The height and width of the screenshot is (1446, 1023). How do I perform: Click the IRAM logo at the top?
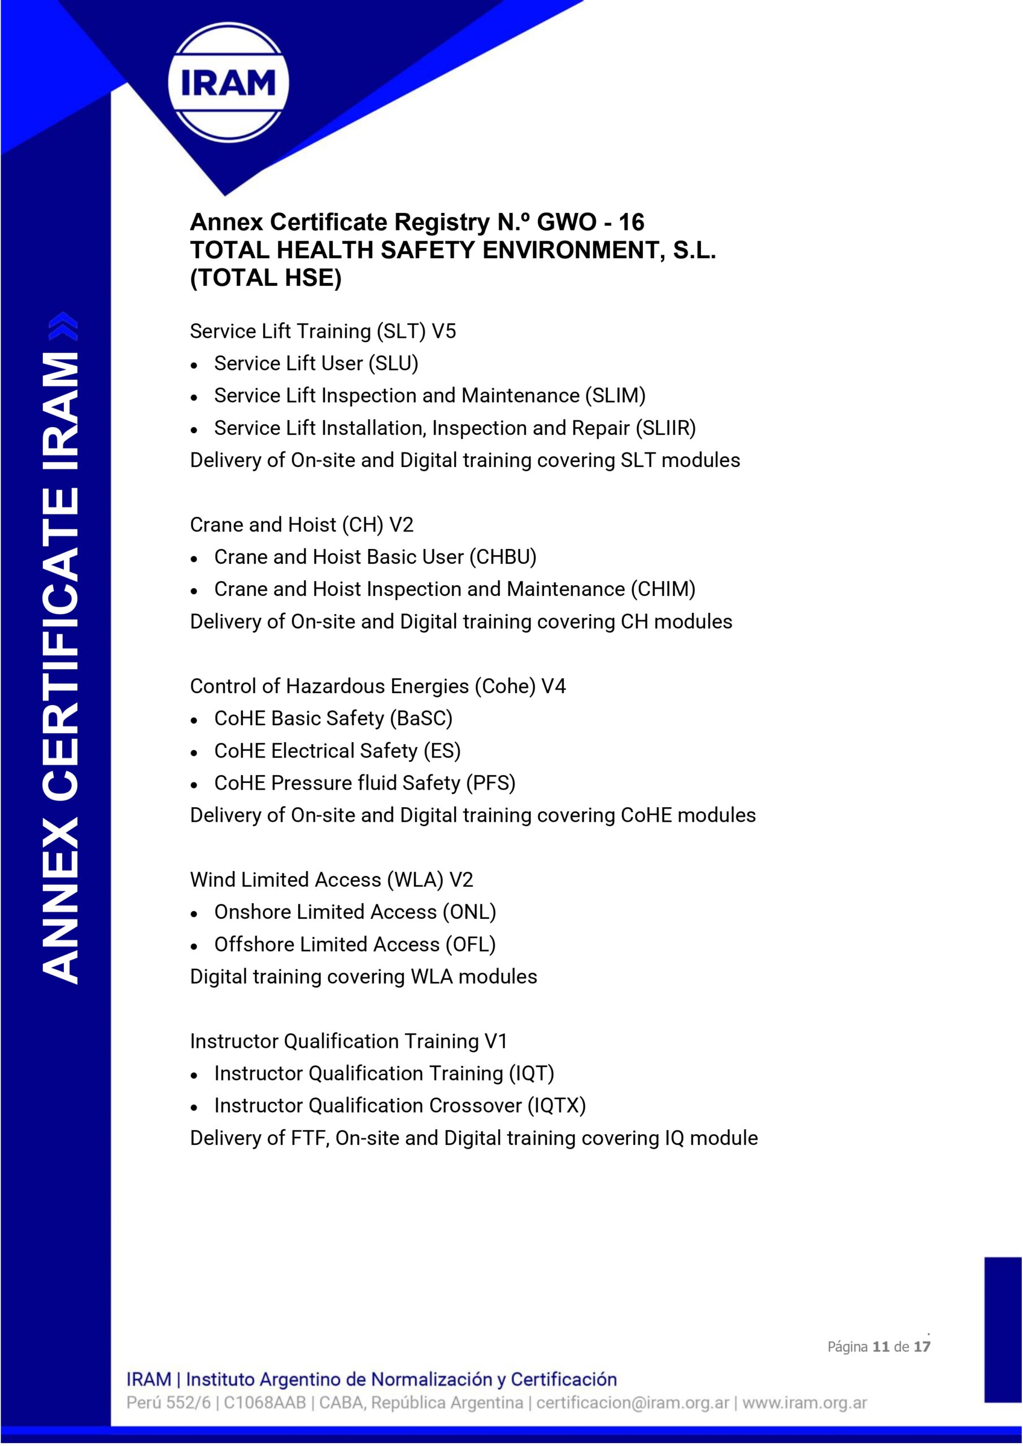[228, 82]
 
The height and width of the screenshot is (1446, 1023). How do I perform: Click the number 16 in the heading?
[630, 223]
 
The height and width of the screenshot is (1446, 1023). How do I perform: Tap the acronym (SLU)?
[393, 363]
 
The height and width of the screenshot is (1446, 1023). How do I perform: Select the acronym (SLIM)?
[615, 395]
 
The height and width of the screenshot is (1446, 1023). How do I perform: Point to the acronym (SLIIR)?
[666, 428]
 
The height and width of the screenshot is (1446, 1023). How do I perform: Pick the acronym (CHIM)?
[663, 589]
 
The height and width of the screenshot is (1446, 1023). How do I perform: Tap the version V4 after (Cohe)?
[553, 686]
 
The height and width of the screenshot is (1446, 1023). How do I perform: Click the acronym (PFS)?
[491, 783]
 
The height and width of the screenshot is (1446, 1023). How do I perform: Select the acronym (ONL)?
[469, 912]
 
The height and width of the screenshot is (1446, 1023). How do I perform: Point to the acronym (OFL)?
[471, 944]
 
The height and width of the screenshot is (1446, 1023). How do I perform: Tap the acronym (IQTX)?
[556, 1105]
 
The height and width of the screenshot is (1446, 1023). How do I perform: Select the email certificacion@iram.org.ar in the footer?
[633, 1403]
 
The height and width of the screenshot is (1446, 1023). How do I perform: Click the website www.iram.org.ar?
[804, 1403]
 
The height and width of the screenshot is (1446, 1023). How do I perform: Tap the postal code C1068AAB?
[264, 1403]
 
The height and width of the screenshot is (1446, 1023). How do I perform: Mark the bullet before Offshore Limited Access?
[194, 946]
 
